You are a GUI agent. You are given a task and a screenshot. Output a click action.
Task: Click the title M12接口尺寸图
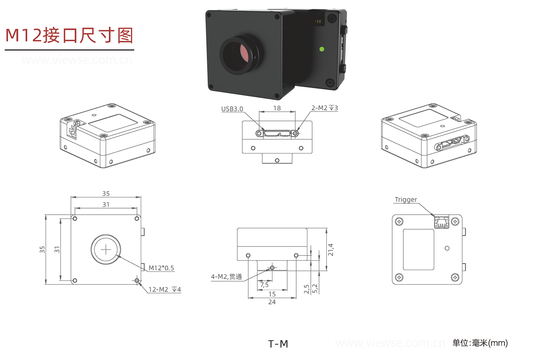69,35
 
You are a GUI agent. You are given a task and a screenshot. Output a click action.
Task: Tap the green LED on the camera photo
321,49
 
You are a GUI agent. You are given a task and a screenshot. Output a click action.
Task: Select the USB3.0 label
232,109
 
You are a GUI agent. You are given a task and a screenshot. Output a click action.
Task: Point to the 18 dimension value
277,108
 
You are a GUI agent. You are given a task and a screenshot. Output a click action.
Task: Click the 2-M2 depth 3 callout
325,108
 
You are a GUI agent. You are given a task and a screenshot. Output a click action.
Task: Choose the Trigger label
406,200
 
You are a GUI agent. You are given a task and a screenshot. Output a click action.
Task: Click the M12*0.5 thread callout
161,268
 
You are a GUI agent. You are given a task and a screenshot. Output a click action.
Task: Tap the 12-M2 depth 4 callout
164,289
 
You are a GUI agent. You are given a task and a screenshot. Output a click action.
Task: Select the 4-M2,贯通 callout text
226,277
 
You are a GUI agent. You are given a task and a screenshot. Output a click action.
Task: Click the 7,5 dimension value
264,285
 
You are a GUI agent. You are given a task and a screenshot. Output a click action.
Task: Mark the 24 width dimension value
272,302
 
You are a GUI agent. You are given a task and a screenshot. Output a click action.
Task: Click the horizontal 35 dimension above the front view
106,194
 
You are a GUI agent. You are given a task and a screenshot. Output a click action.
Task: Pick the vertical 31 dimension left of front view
57,249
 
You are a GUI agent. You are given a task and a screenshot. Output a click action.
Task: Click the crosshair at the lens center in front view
105,249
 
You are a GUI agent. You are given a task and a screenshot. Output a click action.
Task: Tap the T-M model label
278,344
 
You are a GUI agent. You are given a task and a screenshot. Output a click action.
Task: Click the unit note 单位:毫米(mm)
480,343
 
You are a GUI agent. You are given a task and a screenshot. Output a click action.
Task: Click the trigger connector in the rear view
441,222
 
